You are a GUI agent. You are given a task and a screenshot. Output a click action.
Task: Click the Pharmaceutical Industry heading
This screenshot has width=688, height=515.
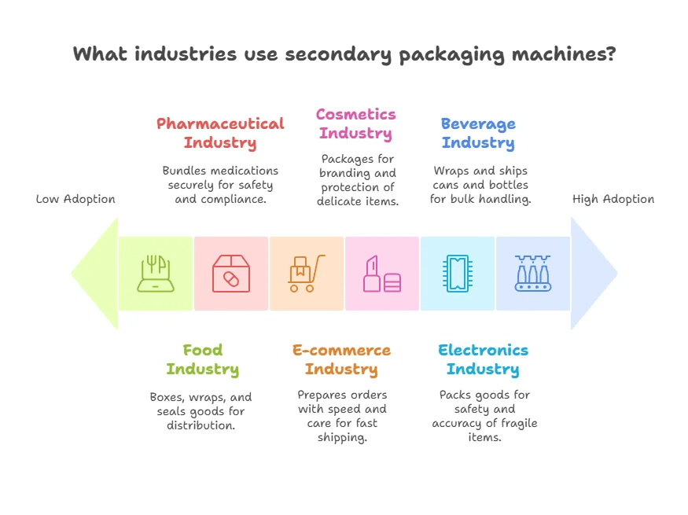point(220,133)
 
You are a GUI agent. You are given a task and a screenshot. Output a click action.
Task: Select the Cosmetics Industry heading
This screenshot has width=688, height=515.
point(355,123)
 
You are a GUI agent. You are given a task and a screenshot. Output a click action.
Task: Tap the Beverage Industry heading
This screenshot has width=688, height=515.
point(478,133)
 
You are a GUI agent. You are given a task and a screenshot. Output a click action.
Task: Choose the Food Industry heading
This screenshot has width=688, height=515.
point(202,359)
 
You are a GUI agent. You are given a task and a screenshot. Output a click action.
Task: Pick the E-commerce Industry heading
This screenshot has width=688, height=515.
point(341,359)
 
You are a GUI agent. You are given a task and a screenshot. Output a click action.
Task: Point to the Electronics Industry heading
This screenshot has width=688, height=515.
point(483,359)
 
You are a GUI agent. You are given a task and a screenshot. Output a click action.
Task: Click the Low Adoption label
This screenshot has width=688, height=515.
point(75,199)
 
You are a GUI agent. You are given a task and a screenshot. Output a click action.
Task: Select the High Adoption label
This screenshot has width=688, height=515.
point(613,199)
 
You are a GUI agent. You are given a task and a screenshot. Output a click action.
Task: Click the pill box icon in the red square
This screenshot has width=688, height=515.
point(230,274)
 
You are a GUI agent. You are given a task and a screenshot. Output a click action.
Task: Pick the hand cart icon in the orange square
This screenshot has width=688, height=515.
point(306,274)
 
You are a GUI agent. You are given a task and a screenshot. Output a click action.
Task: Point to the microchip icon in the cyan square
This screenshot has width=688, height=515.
point(457,274)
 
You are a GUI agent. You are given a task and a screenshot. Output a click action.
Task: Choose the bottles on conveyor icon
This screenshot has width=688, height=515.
point(532,274)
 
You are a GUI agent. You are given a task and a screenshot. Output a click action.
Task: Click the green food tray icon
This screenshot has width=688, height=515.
point(156,274)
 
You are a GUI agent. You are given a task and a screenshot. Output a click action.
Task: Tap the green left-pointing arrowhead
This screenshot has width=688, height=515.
point(94,274)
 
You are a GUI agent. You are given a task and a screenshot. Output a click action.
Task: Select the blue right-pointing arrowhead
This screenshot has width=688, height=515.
point(594,274)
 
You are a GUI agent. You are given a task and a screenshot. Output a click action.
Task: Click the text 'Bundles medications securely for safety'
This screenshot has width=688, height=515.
point(220,178)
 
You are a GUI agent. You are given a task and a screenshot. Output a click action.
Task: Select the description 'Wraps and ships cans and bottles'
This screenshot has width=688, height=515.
point(480,178)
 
